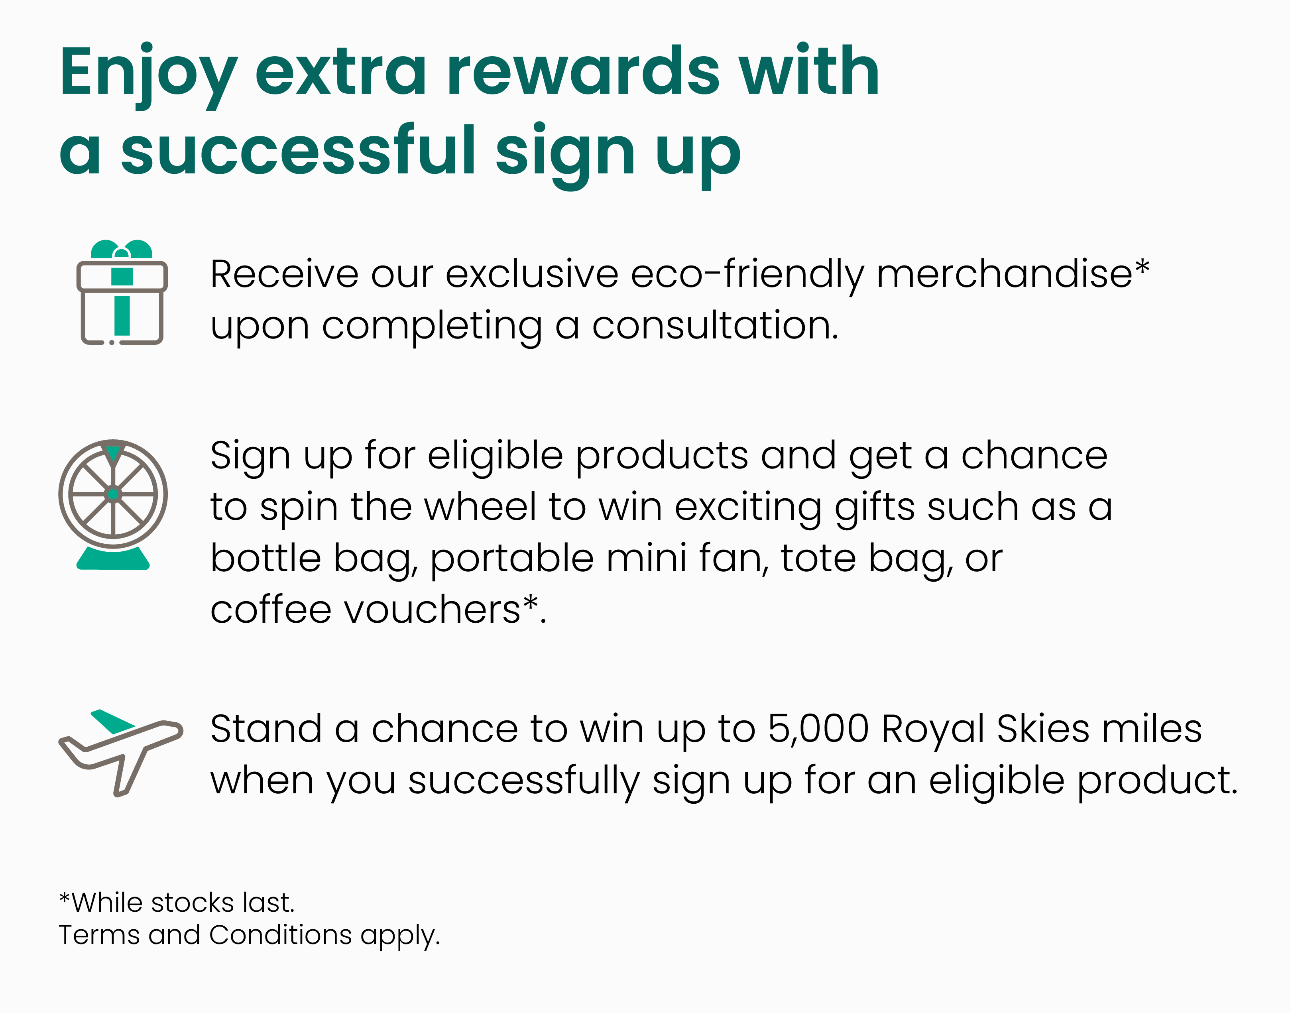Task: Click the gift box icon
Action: (x=122, y=292)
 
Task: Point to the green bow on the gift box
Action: (x=122, y=249)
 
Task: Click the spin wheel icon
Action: (x=113, y=504)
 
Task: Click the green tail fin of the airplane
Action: (x=113, y=721)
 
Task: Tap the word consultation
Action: (x=715, y=326)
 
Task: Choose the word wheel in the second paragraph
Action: (x=480, y=507)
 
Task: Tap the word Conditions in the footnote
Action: (x=281, y=935)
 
